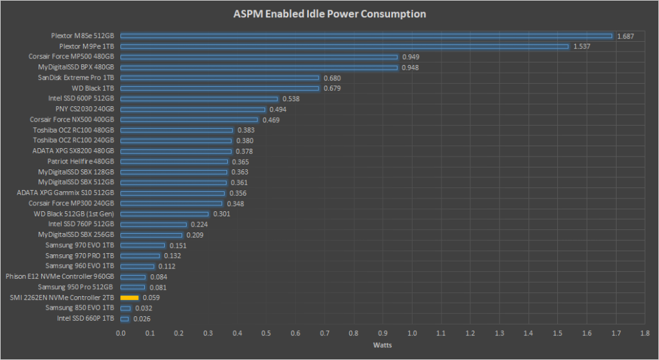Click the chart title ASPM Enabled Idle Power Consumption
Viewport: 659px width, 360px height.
point(329,14)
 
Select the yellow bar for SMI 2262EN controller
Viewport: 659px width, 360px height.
point(129,298)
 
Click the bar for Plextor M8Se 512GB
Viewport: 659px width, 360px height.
point(366,36)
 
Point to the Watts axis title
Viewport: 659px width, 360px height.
point(382,345)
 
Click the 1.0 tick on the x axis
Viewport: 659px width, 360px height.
point(412,333)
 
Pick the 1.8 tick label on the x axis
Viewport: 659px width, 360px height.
point(645,333)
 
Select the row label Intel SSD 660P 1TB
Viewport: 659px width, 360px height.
point(86,318)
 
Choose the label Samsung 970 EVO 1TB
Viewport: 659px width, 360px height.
point(80,245)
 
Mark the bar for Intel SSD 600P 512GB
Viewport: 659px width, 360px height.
point(199,99)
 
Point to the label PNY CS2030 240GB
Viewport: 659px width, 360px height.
point(80,109)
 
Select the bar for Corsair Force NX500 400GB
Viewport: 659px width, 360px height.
point(189,120)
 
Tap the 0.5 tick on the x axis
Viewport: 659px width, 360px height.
point(266,333)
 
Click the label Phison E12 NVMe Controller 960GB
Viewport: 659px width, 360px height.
point(60,276)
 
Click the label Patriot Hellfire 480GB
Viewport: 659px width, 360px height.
point(81,162)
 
